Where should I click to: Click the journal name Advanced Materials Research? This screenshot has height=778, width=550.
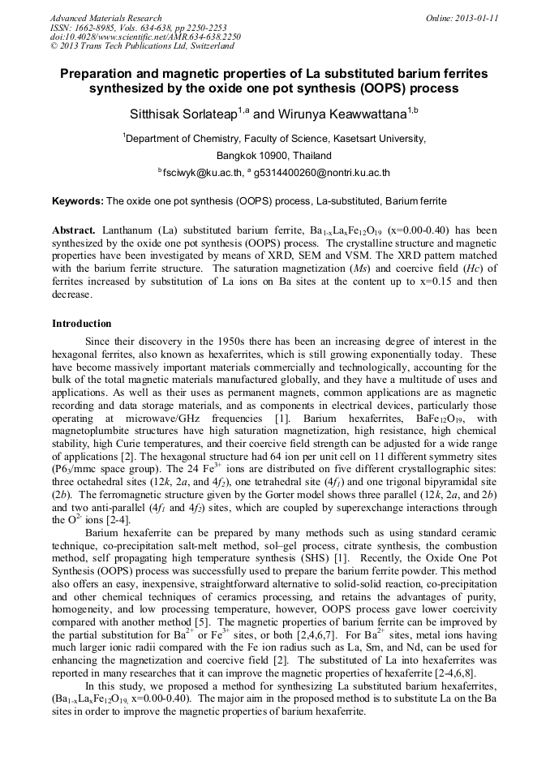pos(105,18)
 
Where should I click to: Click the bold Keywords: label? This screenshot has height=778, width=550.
pos(78,200)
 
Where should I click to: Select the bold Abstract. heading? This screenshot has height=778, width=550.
pos(75,230)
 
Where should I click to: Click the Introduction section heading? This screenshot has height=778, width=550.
pos(82,324)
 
